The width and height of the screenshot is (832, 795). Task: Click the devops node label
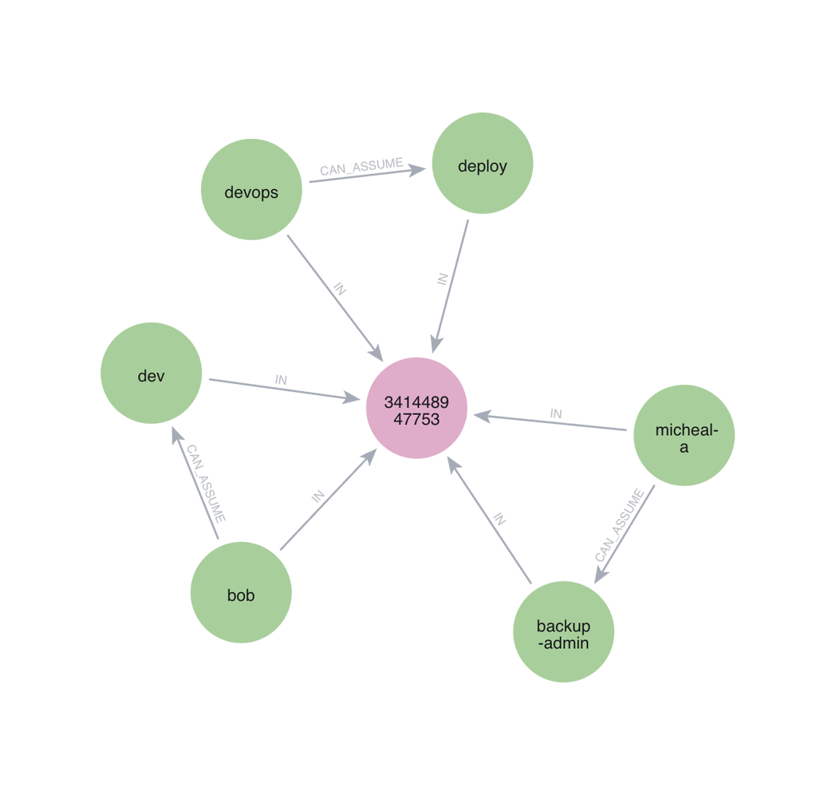pos(251,192)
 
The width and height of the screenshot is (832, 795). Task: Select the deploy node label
pos(482,167)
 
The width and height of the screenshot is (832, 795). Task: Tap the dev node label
pos(151,376)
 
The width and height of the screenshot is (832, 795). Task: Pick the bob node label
pos(240,595)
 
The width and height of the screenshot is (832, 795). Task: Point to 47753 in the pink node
pos(411,418)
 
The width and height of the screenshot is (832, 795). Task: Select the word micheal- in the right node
pos(686,430)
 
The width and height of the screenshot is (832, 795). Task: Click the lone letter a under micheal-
pos(684,448)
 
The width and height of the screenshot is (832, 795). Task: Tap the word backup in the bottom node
pos(563,626)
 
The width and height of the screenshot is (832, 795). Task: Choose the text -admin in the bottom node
pos(563,643)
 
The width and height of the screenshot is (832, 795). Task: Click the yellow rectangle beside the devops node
pos(300,136)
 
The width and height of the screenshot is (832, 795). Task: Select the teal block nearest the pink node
pos(338,467)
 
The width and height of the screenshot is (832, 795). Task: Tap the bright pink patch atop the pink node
pos(471,363)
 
